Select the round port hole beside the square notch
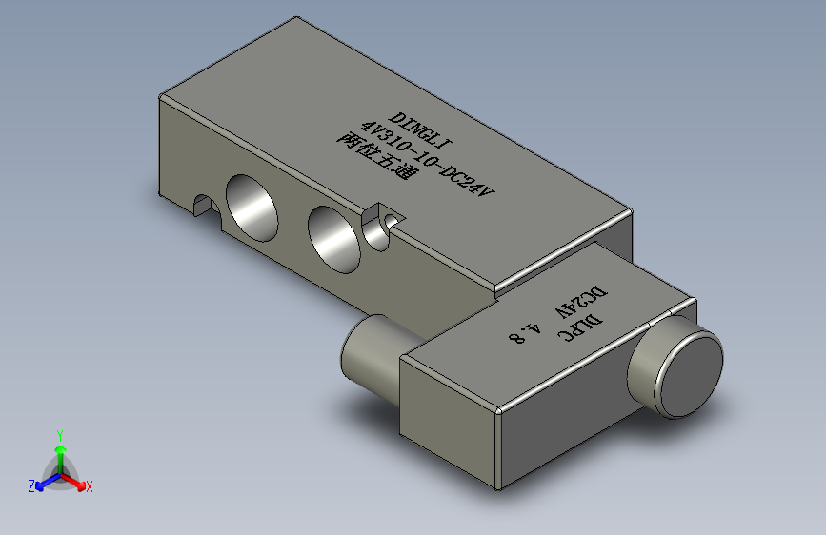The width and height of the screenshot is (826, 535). (332, 237)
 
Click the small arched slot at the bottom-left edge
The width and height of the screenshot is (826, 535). (202, 204)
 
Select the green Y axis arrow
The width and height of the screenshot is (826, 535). (59, 448)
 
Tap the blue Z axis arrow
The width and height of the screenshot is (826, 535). (43, 483)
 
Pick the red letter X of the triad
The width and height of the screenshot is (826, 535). (90, 487)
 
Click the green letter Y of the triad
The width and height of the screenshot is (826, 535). (59, 433)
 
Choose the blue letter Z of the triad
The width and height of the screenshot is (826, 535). (31, 486)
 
